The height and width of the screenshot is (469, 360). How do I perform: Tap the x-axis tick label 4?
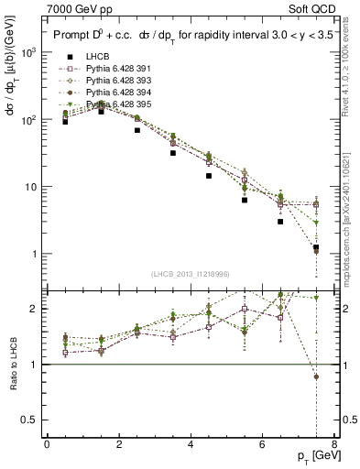pyautogui.click(x=191, y=444)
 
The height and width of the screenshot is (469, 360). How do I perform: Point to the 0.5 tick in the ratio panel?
pyautogui.click(x=29, y=420)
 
